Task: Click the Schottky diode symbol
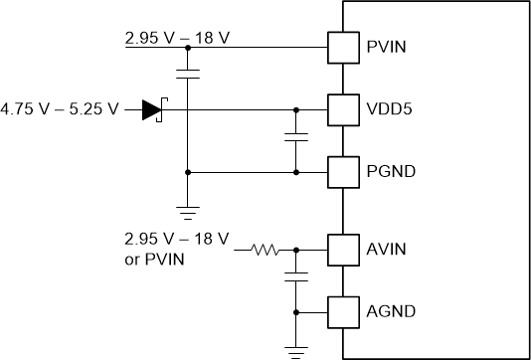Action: pos(152,109)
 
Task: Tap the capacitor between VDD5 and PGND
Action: pos(295,137)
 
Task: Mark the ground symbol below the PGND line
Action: pos(186,210)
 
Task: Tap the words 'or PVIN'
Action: pos(154,260)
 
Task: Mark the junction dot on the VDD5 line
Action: pos(295,109)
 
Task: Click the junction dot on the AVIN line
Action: pos(295,252)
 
